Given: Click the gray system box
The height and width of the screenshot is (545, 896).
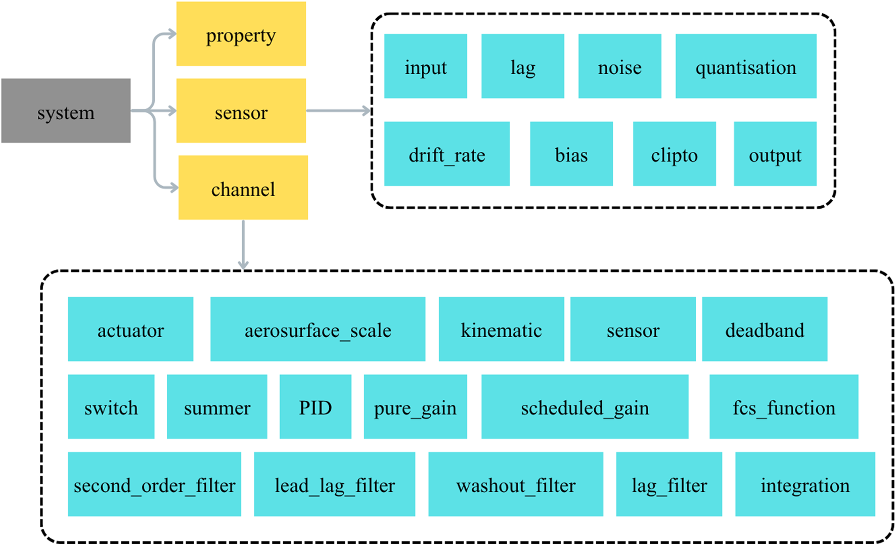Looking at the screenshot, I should click(66, 111).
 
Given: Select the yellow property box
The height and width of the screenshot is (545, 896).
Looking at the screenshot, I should click(241, 34).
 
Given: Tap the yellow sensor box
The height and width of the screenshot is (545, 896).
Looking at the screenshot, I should click(241, 111).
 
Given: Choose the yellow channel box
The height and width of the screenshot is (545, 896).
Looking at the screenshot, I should click(243, 188).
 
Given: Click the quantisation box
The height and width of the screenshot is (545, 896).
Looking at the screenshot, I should click(745, 66).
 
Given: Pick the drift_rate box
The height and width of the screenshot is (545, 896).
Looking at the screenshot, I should click(446, 154).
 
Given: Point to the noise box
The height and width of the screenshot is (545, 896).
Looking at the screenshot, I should click(619, 66).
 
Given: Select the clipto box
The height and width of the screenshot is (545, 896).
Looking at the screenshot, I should click(674, 154).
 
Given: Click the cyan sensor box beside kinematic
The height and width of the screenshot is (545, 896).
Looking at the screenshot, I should click(633, 329).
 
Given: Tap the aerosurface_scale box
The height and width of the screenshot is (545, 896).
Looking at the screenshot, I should click(318, 329).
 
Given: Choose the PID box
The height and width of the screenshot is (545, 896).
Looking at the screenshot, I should click(315, 406).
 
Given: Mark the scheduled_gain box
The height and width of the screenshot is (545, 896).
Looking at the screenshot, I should click(585, 406).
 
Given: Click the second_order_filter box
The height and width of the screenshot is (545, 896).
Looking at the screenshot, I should click(154, 484).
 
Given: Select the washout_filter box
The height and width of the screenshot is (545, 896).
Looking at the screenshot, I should click(515, 484).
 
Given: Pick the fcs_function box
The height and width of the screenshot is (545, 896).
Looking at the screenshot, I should click(783, 406).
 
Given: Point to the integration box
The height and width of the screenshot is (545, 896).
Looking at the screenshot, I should click(804, 484).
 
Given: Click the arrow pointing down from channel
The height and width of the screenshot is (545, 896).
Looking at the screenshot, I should click(243, 245).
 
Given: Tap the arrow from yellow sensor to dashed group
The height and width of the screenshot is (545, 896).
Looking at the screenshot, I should click(339, 111).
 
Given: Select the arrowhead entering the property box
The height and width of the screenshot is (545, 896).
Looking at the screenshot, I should click(172, 34).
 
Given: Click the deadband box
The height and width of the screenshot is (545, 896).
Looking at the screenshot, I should click(764, 329).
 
